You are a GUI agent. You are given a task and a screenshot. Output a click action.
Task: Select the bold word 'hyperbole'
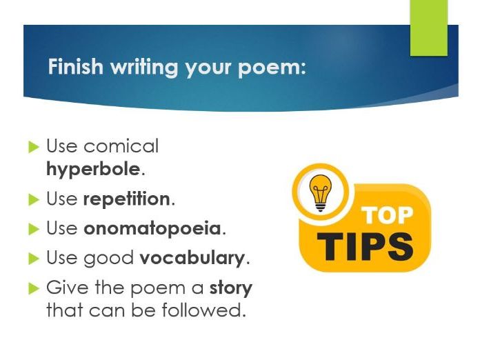pos(93,169)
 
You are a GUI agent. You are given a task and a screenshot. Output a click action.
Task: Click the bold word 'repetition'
pos(126,199)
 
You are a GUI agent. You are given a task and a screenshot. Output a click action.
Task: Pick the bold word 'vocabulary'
pos(192,259)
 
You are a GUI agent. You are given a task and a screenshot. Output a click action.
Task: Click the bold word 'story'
pos(231,288)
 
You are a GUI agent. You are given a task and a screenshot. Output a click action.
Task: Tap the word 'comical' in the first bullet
pos(121,146)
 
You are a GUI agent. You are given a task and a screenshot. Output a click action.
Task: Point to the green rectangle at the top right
pos(428,28)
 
